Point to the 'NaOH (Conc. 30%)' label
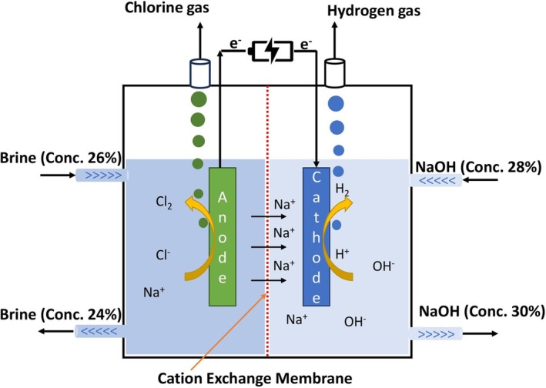481,312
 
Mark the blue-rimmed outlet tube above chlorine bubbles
198,73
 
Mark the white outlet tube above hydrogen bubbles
335,73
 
